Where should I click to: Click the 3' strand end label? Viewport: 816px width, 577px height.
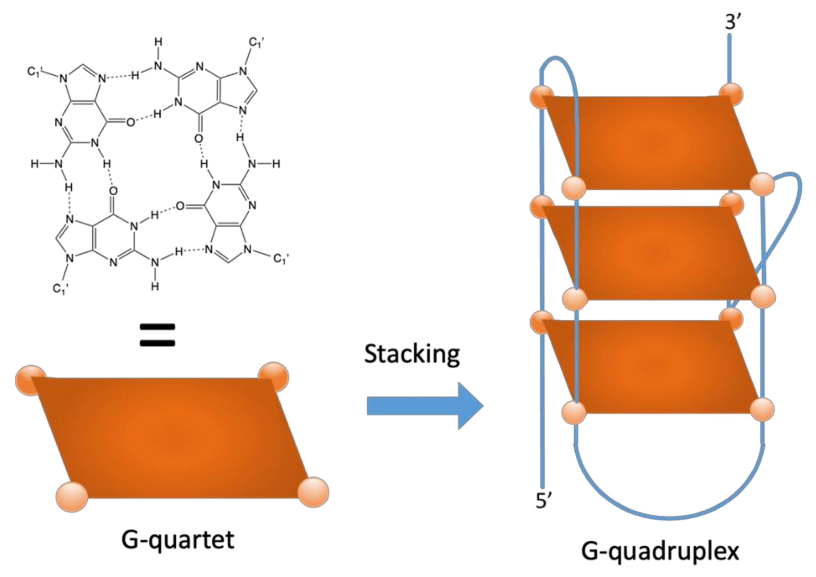pyautogui.click(x=733, y=22)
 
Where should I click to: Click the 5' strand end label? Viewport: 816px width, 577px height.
pyautogui.click(x=543, y=500)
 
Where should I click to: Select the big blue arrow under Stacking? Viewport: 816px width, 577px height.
pyautogui.click(x=424, y=406)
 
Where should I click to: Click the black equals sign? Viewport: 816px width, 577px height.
pyautogui.click(x=157, y=335)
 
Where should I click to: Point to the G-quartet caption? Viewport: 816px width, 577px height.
pyautogui.click(x=178, y=539)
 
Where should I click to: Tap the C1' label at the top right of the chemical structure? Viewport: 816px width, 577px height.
pyautogui.click(x=256, y=43)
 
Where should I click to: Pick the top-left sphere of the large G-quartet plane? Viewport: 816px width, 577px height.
pyautogui.click(x=30, y=379)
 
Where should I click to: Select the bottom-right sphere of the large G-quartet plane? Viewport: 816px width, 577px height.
pyautogui.click(x=313, y=492)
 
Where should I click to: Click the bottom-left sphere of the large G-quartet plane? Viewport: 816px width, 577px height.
pyautogui.click(x=72, y=496)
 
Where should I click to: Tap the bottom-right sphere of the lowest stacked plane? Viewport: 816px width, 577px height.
pyautogui.click(x=763, y=409)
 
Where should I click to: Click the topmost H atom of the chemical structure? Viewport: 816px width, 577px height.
pyautogui.click(x=158, y=42)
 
